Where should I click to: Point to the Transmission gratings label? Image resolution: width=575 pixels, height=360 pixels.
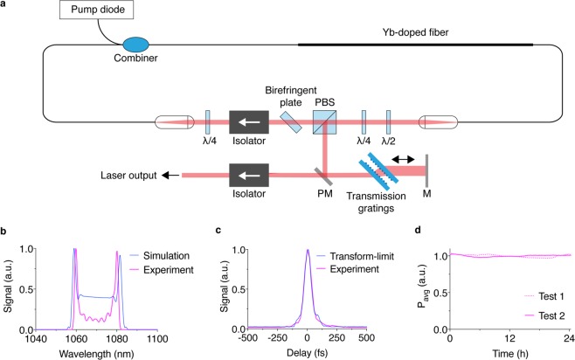388,204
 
